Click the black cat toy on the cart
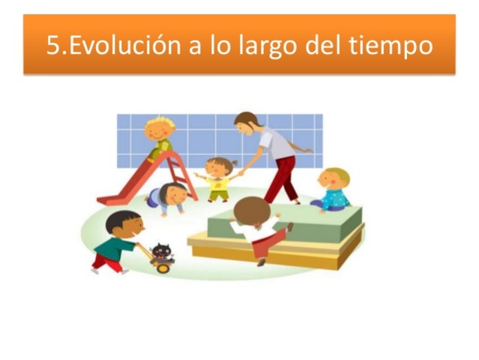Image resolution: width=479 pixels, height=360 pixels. point(162,251)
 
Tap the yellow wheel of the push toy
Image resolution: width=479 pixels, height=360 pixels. point(163,268)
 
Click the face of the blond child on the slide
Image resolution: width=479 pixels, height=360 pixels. point(158,132)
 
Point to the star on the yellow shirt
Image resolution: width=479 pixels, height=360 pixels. point(218,184)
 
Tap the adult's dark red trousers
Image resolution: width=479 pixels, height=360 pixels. point(283,180)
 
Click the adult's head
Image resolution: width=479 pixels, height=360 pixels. point(247,123)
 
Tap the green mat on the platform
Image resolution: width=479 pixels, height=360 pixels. point(285,224)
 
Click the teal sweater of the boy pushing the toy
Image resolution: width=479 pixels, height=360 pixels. point(115,247)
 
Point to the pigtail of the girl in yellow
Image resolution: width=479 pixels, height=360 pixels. point(235,163)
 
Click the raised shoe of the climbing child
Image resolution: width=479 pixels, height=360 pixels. point(290,226)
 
